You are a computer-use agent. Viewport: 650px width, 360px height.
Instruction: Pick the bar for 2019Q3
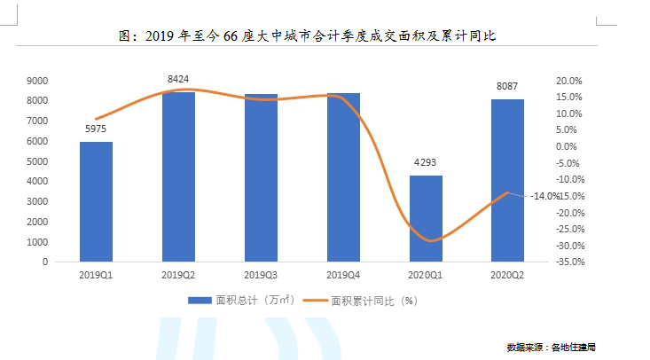click(261, 177)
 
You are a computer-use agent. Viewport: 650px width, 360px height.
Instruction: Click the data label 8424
click(178, 80)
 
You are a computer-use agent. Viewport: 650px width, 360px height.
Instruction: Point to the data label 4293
click(426, 163)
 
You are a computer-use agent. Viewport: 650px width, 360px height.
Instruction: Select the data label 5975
click(96, 129)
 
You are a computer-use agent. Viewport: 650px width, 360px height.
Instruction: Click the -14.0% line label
click(545, 196)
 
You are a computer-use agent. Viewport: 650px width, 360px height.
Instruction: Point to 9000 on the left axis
click(37, 80)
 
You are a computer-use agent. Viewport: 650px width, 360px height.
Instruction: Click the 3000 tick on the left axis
click(37, 201)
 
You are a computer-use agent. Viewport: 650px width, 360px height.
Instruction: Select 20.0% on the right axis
click(568, 80)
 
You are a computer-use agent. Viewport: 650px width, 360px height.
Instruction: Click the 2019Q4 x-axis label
click(343, 275)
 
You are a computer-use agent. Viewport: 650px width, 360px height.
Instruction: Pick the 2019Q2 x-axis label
click(178, 275)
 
